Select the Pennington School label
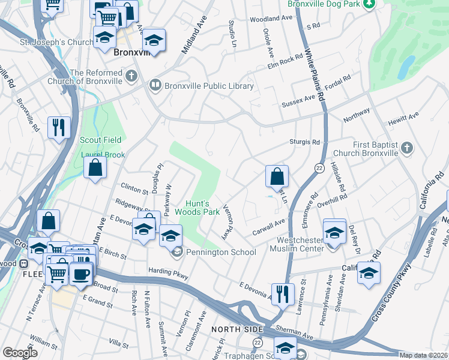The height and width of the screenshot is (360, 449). (221, 253)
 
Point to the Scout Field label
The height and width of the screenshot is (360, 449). (101, 140)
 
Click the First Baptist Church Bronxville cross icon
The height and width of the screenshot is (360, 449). (407, 147)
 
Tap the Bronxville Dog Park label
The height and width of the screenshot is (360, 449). (324, 4)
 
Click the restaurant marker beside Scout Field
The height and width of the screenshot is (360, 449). (59, 127)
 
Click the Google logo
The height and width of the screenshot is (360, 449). (20, 353)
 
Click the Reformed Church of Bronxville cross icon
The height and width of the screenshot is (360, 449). (131, 77)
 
